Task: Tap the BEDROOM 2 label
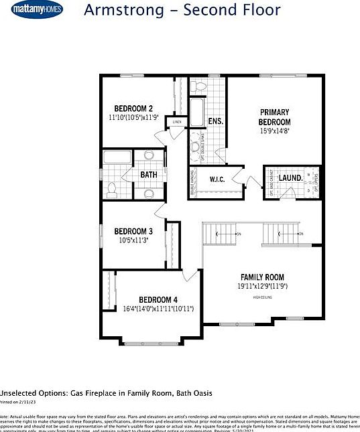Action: pyautogui.click(x=133, y=109)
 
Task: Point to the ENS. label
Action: pyautogui.click(x=215, y=121)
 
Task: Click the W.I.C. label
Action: pyautogui.click(x=217, y=179)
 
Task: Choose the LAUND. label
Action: pyautogui.click(x=290, y=177)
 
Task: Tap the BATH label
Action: pyautogui.click(x=148, y=175)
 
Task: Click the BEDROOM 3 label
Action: pyautogui.click(x=133, y=231)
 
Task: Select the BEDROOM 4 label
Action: pyautogui.click(x=158, y=299)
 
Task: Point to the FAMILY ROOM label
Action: pyautogui.click(x=263, y=277)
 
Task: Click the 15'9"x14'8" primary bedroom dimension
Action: pyautogui.click(x=275, y=132)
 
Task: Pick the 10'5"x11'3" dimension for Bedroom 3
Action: pyautogui.click(x=133, y=240)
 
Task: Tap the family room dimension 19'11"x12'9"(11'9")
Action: pyautogui.click(x=263, y=286)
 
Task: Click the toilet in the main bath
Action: pyautogui.click(x=112, y=190)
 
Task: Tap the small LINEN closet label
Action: pyautogui.click(x=178, y=122)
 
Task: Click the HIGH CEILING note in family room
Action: pyautogui.click(x=263, y=296)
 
